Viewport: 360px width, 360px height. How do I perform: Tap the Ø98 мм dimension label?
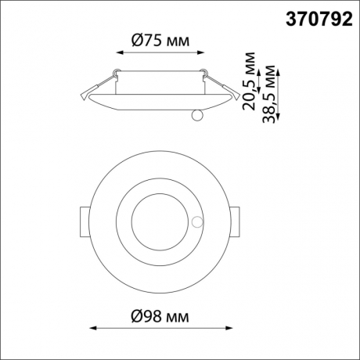pos(160,316)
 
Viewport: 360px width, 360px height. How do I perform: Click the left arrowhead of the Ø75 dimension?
pos(118,52)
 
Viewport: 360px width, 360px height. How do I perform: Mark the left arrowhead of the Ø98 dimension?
pos(88,328)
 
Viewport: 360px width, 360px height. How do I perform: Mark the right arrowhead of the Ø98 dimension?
pos(232,328)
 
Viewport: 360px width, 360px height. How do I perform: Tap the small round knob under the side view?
pos(196,116)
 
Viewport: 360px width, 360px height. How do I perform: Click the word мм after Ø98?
pos(178,316)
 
